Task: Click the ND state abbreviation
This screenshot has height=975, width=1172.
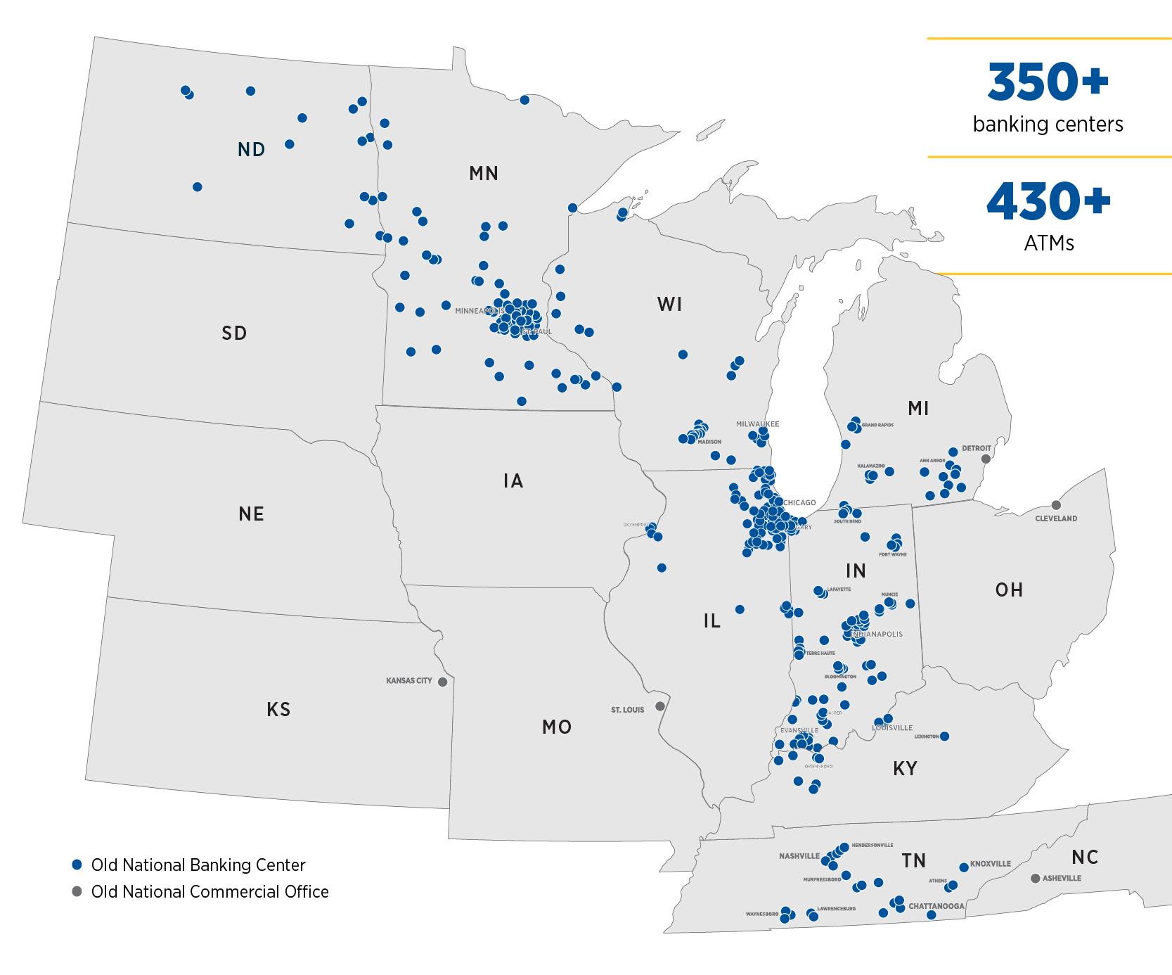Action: click(251, 150)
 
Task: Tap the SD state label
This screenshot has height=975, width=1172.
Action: click(234, 333)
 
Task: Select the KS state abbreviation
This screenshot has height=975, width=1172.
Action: click(278, 710)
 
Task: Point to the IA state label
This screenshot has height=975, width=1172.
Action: click(513, 481)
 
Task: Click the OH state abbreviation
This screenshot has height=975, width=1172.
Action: click(1009, 590)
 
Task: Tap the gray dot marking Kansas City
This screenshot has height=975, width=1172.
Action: click(442, 682)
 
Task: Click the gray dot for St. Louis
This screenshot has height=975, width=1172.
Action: click(659, 706)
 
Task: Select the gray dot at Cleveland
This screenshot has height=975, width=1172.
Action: click(1056, 504)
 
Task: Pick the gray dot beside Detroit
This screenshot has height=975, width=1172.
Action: click(986, 459)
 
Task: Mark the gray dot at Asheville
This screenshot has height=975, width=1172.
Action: click(1035, 878)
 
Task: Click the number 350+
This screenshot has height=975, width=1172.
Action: click(1048, 82)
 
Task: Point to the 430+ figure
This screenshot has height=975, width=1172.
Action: click(1048, 202)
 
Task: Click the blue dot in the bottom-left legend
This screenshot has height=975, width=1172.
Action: click(77, 865)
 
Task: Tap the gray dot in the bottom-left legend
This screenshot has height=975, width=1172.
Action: click(77, 891)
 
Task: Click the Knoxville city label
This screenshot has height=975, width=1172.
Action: click(991, 864)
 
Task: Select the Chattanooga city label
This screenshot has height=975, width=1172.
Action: click(936, 906)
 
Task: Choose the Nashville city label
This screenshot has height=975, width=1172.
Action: click(799, 856)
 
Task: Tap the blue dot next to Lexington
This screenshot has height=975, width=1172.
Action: click(944, 736)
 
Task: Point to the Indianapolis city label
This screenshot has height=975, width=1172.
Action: click(877, 635)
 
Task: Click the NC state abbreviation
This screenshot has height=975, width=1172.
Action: click(1085, 858)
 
